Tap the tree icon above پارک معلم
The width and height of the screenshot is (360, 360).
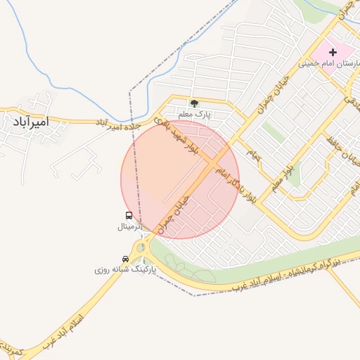pyautogui.click(x=194, y=103)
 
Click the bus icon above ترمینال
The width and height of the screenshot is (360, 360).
pyautogui.click(x=129, y=216)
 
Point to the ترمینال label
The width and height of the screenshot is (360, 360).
pyautogui.click(x=129, y=227)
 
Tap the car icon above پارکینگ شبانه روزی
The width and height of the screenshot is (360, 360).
pyautogui.click(x=125, y=259)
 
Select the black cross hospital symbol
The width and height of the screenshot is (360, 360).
pyautogui.click(x=333, y=52)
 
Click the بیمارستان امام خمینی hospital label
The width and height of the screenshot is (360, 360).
pyautogui.click(x=329, y=63)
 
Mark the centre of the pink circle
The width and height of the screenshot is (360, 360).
pyautogui.click(x=180, y=179)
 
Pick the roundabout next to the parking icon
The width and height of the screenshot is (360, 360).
pyautogui.click(x=142, y=247)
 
